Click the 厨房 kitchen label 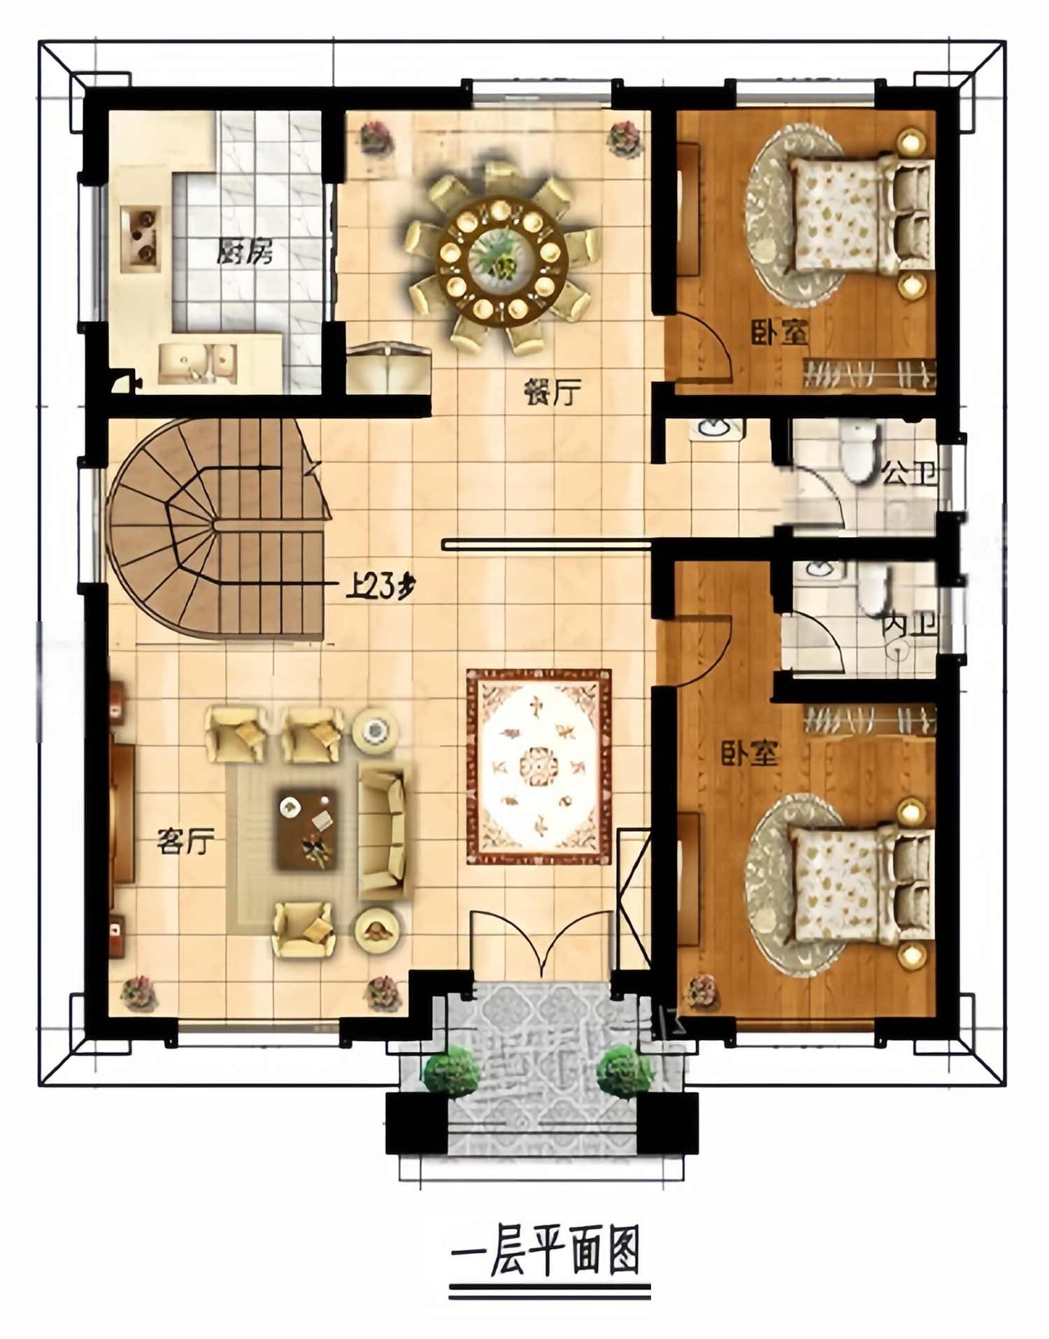pos(244,252)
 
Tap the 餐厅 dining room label pos(553,392)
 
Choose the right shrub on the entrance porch pos(624,1070)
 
